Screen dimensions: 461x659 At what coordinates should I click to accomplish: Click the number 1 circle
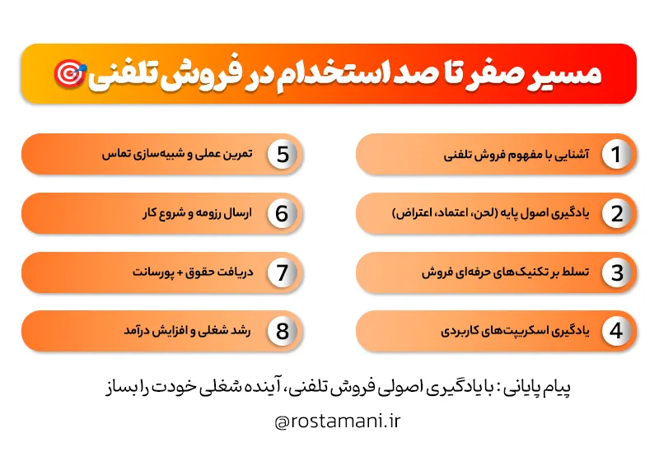pyautogui.click(x=615, y=155)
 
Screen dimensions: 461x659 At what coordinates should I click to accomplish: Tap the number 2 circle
pyautogui.click(x=615, y=214)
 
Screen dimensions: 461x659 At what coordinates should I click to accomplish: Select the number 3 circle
pyautogui.click(x=615, y=272)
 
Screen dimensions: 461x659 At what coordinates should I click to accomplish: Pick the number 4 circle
pyautogui.click(x=615, y=332)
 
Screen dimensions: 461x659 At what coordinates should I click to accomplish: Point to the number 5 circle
pyautogui.click(x=282, y=155)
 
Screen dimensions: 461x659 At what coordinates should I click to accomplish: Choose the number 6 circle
pyautogui.click(x=282, y=214)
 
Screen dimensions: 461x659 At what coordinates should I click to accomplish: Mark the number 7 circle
pyautogui.click(x=282, y=272)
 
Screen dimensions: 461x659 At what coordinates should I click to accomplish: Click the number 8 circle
pyautogui.click(x=282, y=332)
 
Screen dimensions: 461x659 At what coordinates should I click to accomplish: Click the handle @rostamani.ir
pyautogui.click(x=338, y=421)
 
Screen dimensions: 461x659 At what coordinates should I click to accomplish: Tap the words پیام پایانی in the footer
pyautogui.click(x=535, y=388)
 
